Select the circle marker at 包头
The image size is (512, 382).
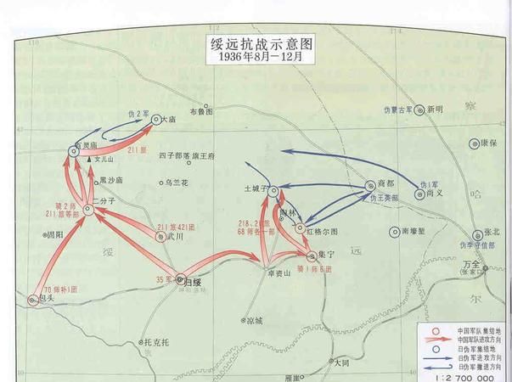tap(32, 299)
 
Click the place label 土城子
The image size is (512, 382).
tap(256, 188)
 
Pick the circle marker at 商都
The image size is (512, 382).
tap(369, 185)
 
